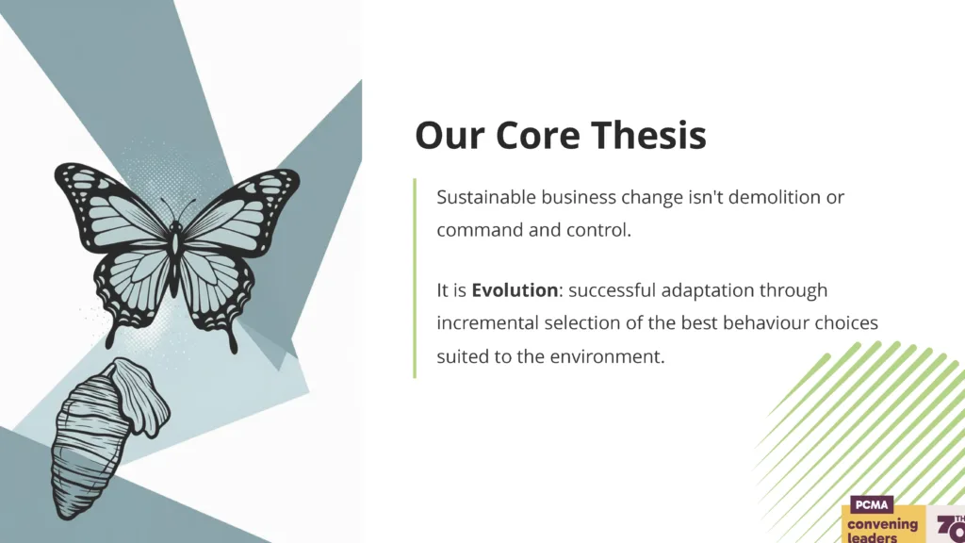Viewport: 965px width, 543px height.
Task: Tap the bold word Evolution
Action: tap(515, 290)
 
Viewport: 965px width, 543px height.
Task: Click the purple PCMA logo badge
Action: tap(872, 505)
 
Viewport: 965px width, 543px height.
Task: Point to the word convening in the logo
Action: tap(882, 525)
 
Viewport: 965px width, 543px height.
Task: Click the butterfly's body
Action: tap(174, 258)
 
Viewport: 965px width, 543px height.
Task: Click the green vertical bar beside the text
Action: tap(415, 278)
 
